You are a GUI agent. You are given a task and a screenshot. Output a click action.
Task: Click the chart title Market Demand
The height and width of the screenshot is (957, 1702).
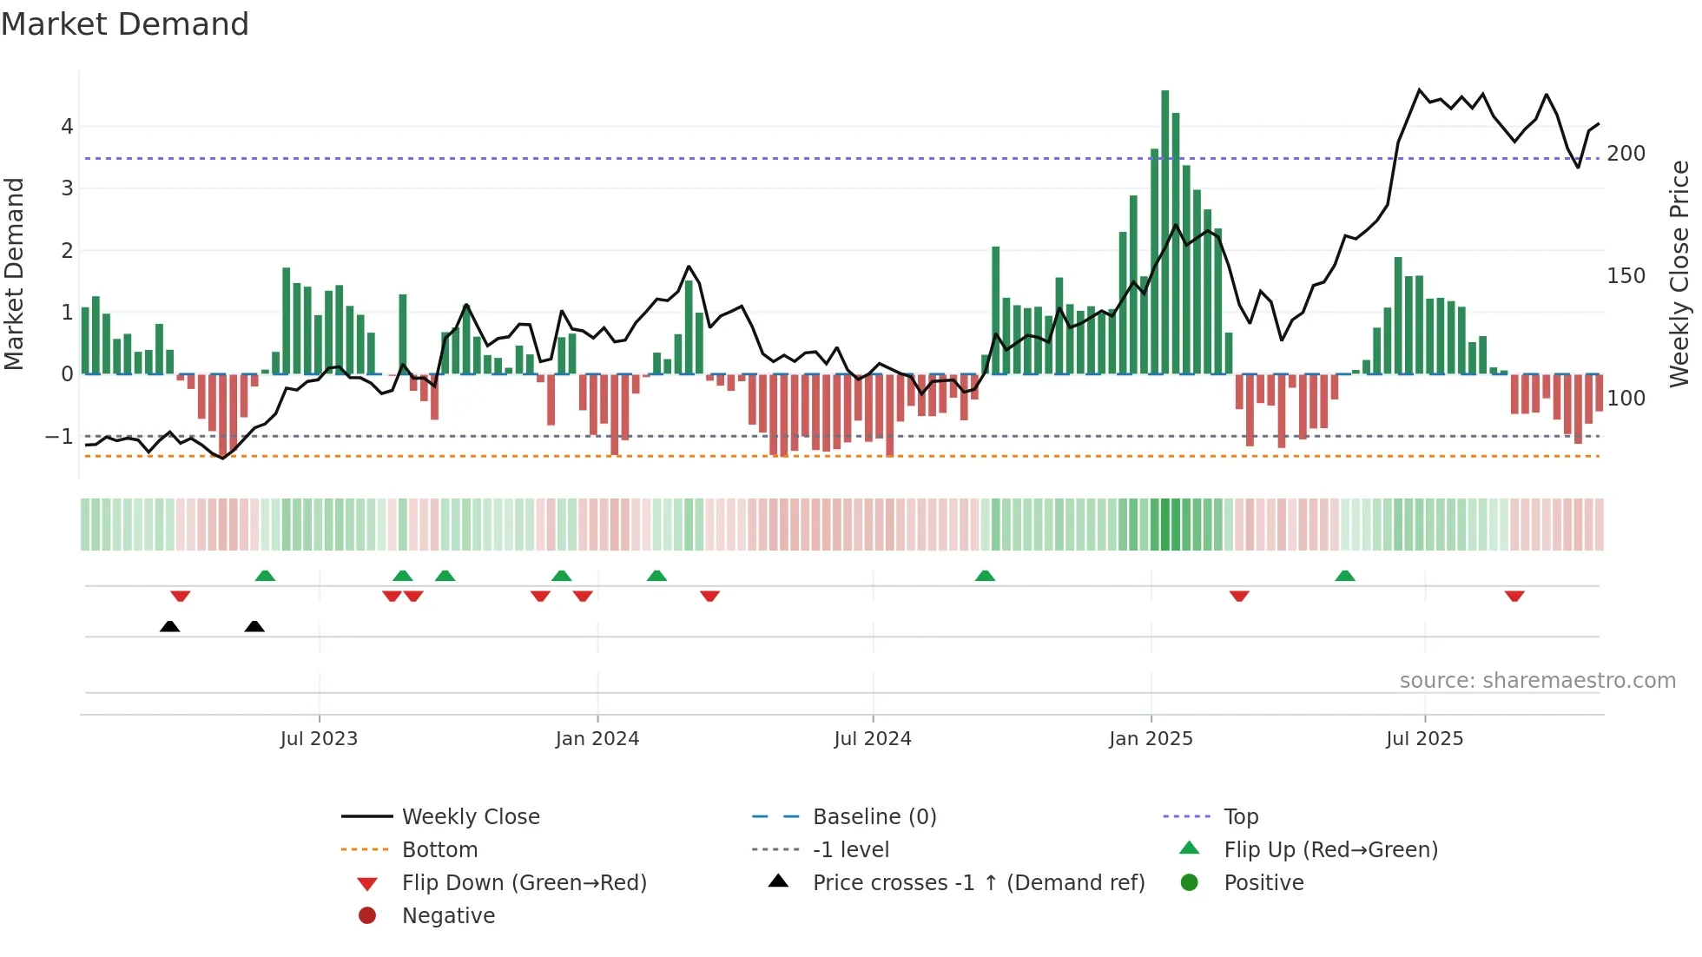(x=125, y=24)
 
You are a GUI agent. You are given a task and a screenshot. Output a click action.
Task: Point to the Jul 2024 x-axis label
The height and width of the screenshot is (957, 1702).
(x=873, y=739)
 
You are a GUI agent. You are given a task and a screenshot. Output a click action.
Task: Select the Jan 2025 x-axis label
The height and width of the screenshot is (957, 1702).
(x=1151, y=739)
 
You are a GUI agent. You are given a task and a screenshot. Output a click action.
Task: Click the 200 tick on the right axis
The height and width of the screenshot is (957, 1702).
(x=1626, y=154)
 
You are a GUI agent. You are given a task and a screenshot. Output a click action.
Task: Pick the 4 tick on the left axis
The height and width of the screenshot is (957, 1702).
(x=67, y=127)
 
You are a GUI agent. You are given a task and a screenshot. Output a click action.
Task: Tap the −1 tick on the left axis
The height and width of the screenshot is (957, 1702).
(x=60, y=436)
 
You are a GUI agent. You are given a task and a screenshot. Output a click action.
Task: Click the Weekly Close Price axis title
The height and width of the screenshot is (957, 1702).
(x=1679, y=274)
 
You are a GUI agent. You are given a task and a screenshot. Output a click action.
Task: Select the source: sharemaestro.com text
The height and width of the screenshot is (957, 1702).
(x=1537, y=681)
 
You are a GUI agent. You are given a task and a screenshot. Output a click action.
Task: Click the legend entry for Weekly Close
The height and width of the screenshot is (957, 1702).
(x=470, y=817)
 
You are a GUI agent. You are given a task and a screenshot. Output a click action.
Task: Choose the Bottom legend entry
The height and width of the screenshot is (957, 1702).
(x=439, y=850)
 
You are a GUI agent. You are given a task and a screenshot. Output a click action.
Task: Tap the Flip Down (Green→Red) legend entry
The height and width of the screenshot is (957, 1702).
(x=524, y=883)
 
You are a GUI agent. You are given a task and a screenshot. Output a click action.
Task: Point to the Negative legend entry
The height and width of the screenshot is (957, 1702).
(x=448, y=916)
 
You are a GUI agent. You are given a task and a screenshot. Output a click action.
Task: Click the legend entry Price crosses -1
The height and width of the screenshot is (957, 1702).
(x=978, y=883)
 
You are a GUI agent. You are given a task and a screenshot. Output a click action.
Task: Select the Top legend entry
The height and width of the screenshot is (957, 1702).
(x=1240, y=817)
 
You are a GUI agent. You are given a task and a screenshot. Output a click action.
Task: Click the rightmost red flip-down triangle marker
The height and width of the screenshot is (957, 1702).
(x=1514, y=596)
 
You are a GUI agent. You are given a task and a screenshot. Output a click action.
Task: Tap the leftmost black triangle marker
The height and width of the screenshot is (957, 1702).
(x=170, y=626)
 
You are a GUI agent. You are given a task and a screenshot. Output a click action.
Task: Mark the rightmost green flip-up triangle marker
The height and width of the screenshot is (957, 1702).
(x=1345, y=576)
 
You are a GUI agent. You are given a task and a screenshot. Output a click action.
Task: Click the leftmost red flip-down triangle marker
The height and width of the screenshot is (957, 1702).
(x=181, y=596)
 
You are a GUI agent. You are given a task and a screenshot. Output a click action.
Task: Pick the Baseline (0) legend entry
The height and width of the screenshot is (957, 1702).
(x=874, y=817)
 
